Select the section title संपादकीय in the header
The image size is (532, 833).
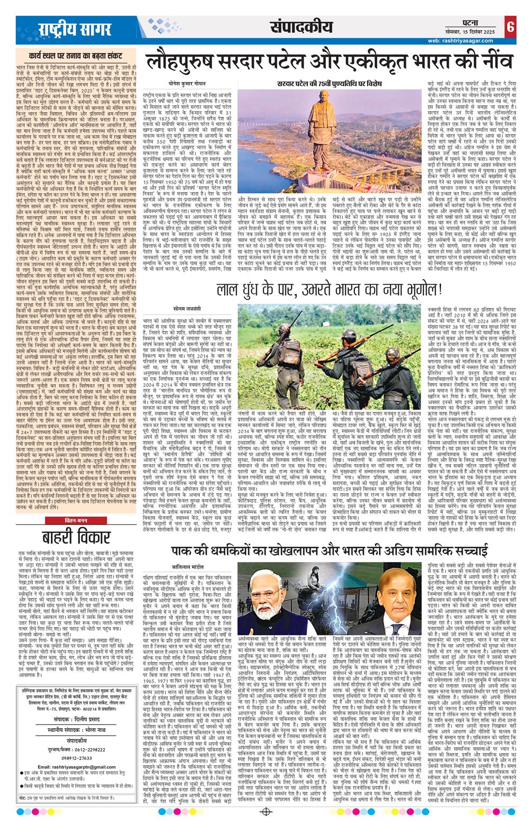pyautogui.click(x=293, y=27)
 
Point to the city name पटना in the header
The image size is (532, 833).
pyautogui.click(x=459, y=23)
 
